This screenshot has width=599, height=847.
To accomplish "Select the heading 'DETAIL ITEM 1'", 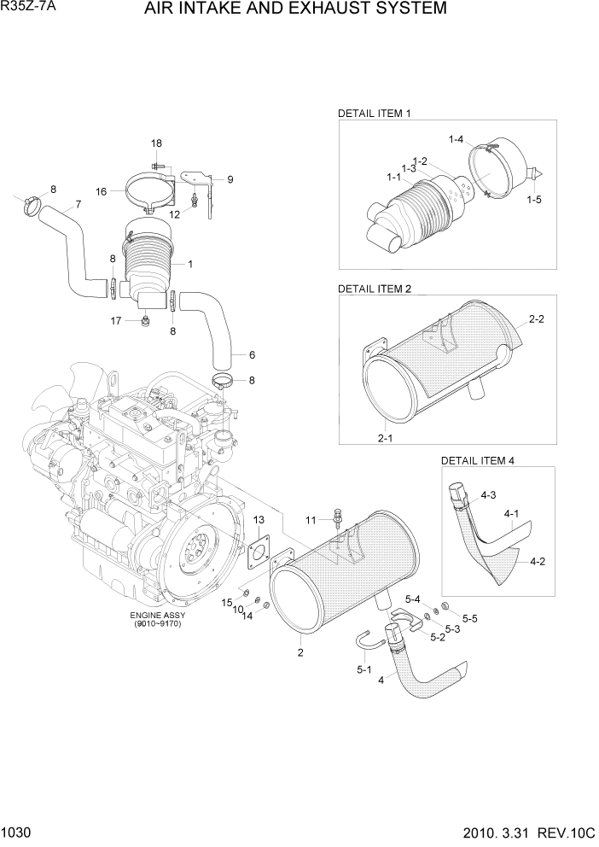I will pos(375,113).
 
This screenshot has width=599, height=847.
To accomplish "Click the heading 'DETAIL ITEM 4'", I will pos(477,460).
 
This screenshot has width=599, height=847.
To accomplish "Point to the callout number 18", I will pos(156,143).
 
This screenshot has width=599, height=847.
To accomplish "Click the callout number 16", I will pos(102,192).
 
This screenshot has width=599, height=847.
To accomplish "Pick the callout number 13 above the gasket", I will pos(259,519).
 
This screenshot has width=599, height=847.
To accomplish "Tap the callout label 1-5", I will pos(534,200).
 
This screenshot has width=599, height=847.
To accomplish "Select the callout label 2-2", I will pos(536,319).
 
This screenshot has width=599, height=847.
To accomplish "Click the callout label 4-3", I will pos(488,494).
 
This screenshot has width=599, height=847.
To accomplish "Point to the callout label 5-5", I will pos(470,617).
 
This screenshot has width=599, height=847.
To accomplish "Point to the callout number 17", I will pos(115,321).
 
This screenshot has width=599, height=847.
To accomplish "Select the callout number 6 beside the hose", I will pos(252,354).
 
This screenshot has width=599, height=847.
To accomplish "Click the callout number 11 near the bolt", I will pos(311,519).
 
